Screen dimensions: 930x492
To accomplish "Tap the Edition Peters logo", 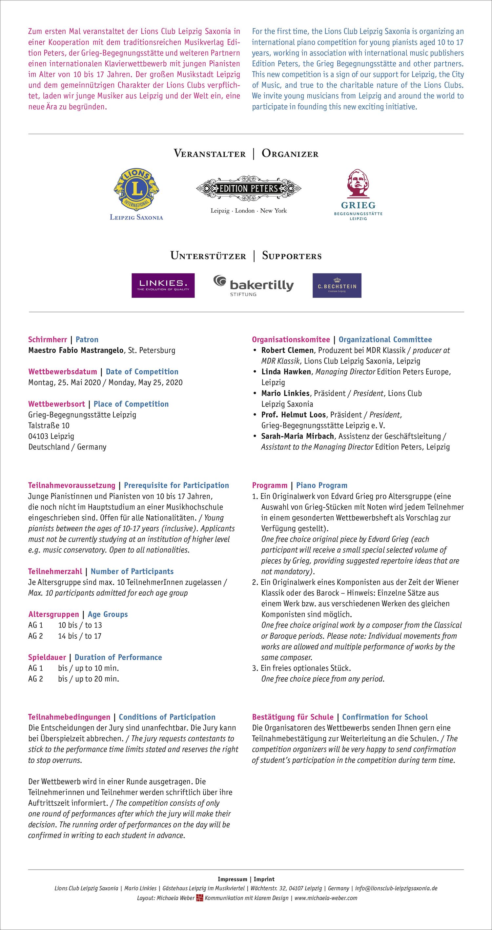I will (249, 188).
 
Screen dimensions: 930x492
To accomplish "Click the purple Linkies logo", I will (163, 285).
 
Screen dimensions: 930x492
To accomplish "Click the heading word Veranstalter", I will (209, 154).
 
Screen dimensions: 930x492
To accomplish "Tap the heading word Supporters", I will (292, 256).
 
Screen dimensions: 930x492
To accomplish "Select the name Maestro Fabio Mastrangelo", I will (76, 350).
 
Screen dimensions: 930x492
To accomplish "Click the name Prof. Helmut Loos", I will (294, 415).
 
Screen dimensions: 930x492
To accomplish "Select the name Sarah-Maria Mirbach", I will (297, 436).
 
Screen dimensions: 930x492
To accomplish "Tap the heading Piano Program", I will (322, 485).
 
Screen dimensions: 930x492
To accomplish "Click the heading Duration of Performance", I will (118, 657).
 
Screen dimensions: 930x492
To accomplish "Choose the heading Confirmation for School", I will (385, 717).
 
